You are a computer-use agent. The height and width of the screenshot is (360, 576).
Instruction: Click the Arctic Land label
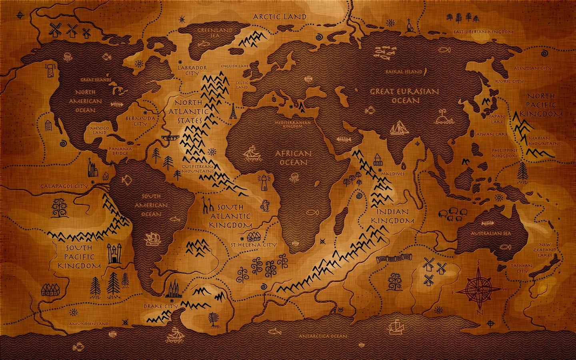click(280, 17)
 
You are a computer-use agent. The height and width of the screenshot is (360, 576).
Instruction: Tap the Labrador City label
click(193, 71)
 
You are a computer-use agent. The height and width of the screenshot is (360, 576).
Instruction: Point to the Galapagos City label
click(64, 186)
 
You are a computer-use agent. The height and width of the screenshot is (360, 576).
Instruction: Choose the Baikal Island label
click(404, 72)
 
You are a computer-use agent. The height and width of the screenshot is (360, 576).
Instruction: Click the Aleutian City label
click(535, 68)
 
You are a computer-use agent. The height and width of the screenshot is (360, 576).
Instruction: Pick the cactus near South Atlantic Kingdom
click(264, 206)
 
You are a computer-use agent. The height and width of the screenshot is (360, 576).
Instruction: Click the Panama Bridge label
click(119, 151)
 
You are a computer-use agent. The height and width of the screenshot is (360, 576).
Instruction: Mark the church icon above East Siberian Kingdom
click(409, 25)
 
